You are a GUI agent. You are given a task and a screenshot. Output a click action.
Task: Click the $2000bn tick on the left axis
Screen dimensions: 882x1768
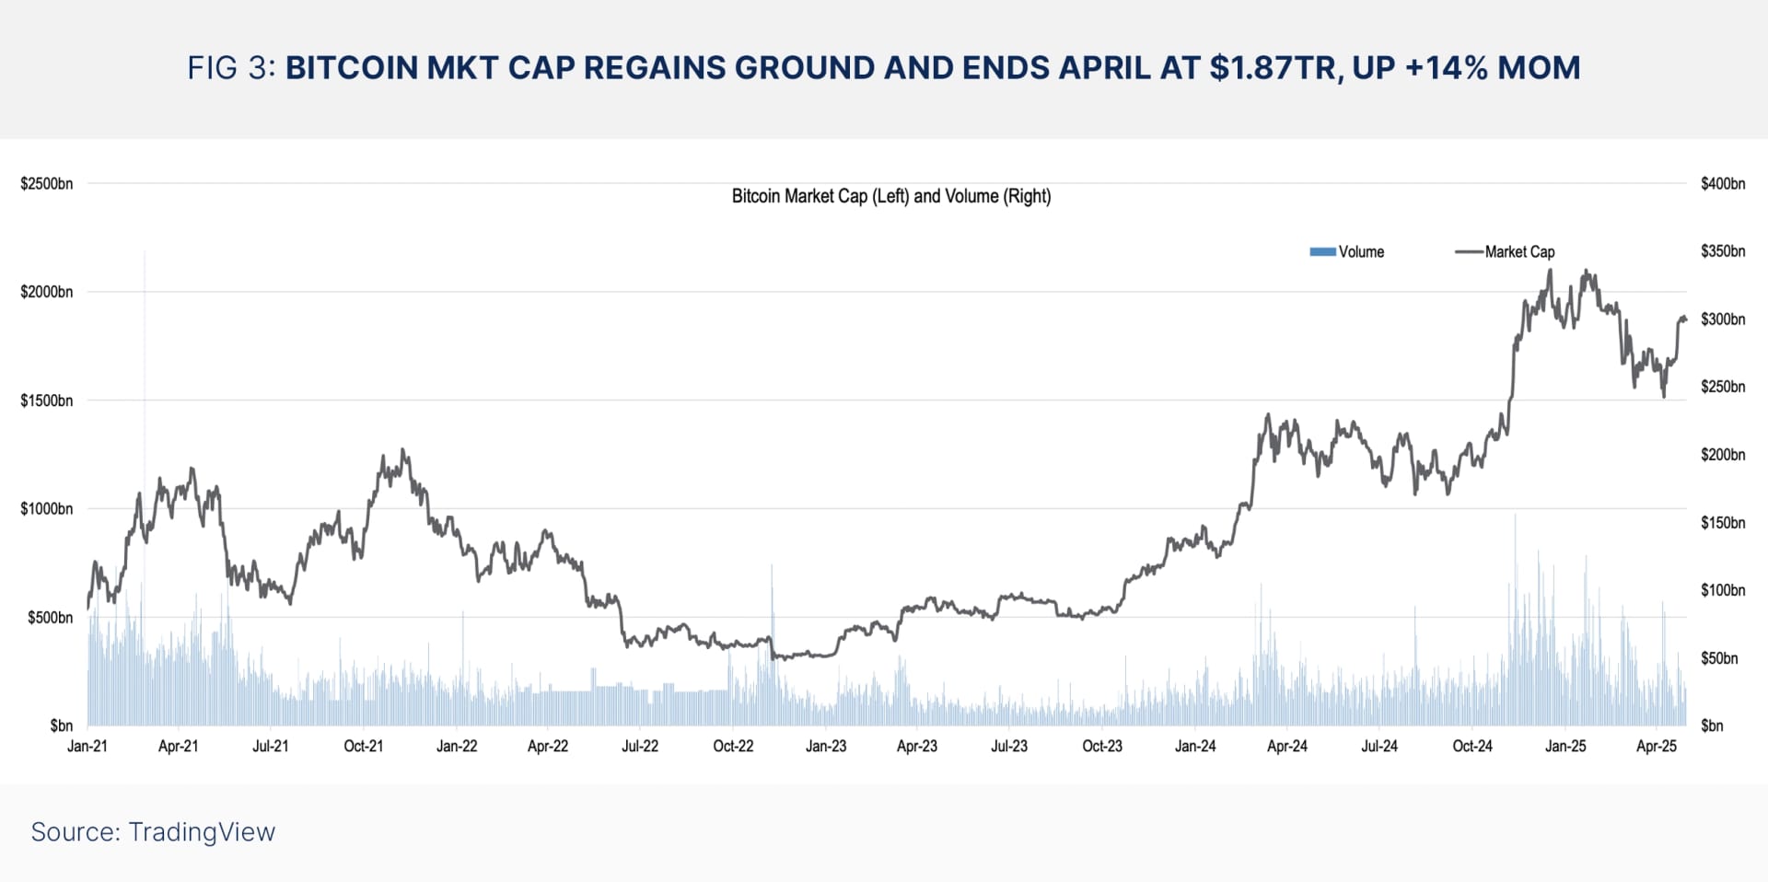(46, 292)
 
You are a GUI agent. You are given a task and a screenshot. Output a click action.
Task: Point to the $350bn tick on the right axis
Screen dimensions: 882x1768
(1722, 250)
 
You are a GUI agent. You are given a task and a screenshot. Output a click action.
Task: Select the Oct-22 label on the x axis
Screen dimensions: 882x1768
(733, 746)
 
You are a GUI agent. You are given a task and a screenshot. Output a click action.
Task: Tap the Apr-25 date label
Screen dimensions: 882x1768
(1657, 746)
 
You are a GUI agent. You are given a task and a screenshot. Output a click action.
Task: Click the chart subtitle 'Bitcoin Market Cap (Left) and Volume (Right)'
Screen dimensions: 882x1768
(890, 196)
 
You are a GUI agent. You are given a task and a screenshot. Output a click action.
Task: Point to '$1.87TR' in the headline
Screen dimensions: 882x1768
(1270, 67)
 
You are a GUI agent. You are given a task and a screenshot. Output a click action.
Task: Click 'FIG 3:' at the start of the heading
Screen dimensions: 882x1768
(231, 67)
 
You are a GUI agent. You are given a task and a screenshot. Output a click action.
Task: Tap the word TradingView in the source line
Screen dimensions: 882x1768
(202, 831)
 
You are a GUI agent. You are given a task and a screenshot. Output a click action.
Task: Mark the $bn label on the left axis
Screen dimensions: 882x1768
(61, 725)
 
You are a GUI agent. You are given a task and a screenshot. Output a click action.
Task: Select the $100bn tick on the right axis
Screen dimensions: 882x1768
(1722, 590)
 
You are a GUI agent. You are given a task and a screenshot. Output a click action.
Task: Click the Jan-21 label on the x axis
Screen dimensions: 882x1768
(87, 746)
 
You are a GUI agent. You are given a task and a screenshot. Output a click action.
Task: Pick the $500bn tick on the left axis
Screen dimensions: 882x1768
(50, 617)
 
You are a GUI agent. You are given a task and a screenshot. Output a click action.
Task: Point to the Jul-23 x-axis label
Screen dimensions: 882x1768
(1009, 746)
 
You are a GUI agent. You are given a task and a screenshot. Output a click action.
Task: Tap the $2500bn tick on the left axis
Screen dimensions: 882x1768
(46, 183)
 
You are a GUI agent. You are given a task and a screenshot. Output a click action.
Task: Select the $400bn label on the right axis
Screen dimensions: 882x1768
(1722, 183)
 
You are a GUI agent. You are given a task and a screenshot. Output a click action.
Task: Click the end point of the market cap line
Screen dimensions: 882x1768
(1684, 319)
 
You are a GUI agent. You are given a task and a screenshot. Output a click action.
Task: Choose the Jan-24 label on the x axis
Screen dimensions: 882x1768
(1194, 746)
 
